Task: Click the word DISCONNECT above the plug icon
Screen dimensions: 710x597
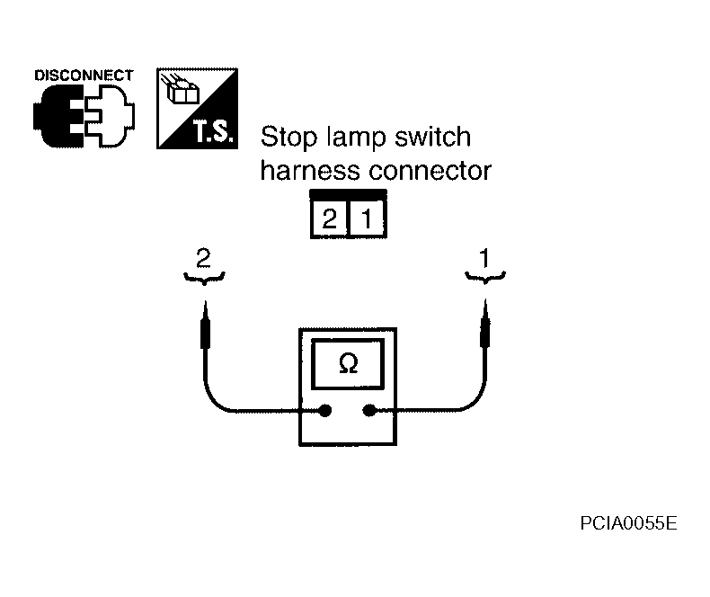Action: coord(84,76)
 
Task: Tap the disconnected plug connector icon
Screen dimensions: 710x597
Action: coord(84,116)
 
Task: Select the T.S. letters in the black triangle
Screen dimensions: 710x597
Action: coord(214,131)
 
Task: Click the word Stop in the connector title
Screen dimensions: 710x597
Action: coord(288,137)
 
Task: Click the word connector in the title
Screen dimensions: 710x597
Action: coord(430,171)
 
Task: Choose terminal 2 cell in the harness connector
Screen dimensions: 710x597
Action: coord(330,219)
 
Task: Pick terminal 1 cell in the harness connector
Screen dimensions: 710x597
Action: coord(367,219)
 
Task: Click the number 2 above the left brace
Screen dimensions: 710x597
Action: coord(203,258)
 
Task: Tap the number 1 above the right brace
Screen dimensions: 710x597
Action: coord(484,258)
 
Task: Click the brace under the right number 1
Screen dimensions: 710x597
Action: coord(485,278)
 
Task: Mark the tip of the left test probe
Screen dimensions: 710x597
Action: coord(205,301)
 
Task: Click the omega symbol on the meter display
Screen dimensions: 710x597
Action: coord(348,363)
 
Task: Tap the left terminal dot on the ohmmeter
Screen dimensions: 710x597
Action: coord(325,411)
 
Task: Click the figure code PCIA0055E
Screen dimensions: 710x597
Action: coord(628,523)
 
